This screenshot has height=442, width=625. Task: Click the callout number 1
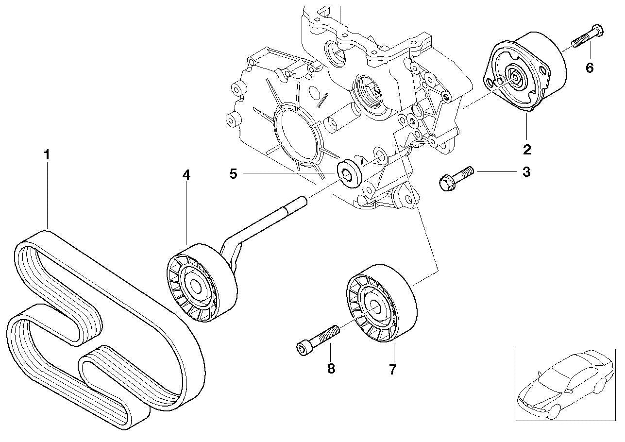coord(47,155)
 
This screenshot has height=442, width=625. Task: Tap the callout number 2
coord(527,149)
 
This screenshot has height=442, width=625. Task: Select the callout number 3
coord(526,172)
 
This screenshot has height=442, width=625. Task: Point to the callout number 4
coord(186,175)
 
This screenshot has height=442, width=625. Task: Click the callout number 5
coord(233,173)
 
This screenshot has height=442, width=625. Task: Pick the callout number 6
coord(589,68)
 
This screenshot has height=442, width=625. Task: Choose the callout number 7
coord(392,369)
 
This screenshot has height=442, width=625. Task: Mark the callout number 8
coord(331,369)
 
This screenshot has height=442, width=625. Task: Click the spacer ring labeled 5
coord(349,172)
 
